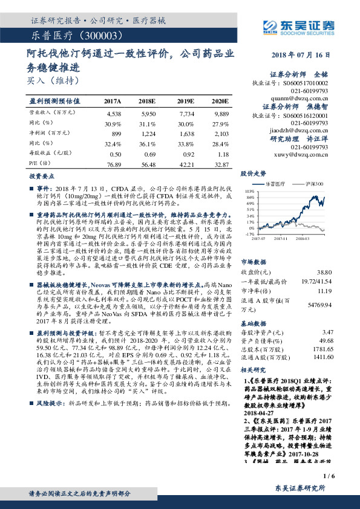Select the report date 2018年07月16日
(x=305, y=55)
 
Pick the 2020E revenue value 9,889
(x=221, y=113)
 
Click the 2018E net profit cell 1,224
(x=149, y=133)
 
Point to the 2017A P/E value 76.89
(x=113, y=164)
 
